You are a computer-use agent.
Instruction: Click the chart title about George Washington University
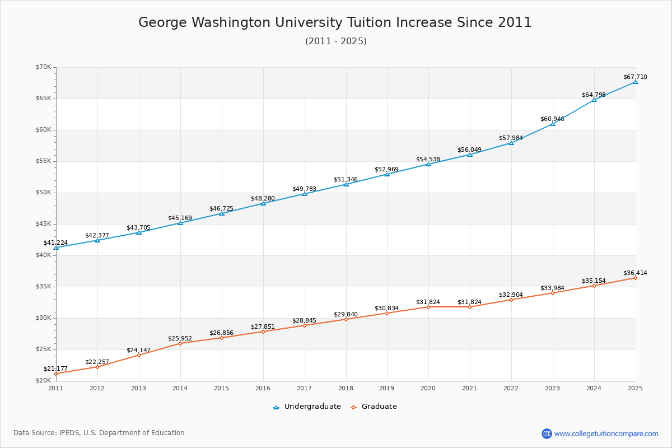(335, 22)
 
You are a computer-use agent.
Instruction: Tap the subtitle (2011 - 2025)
(335, 41)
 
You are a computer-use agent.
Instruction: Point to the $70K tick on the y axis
(43, 67)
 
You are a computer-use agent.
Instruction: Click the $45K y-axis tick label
(43, 224)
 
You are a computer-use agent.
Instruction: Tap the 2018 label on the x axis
(346, 388)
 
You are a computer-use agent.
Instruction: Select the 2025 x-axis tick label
(635, 388)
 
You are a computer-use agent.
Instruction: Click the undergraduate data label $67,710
(635, 77)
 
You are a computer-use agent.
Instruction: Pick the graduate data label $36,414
(635, 273)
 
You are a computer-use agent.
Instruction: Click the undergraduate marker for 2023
(553, 124)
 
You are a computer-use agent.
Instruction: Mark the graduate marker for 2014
(180, 343)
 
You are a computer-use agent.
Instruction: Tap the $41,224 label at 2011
(55, 243)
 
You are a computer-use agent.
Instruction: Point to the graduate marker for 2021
(470, 307)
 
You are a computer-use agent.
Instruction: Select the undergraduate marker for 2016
(263, 203)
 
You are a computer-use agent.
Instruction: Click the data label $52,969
(386, 169)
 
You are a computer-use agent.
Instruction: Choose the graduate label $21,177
(55, 369)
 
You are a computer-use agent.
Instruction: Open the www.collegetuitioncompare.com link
(606, 433)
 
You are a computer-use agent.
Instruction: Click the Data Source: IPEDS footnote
(99, 433)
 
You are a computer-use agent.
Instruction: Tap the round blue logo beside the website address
(547, 433)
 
